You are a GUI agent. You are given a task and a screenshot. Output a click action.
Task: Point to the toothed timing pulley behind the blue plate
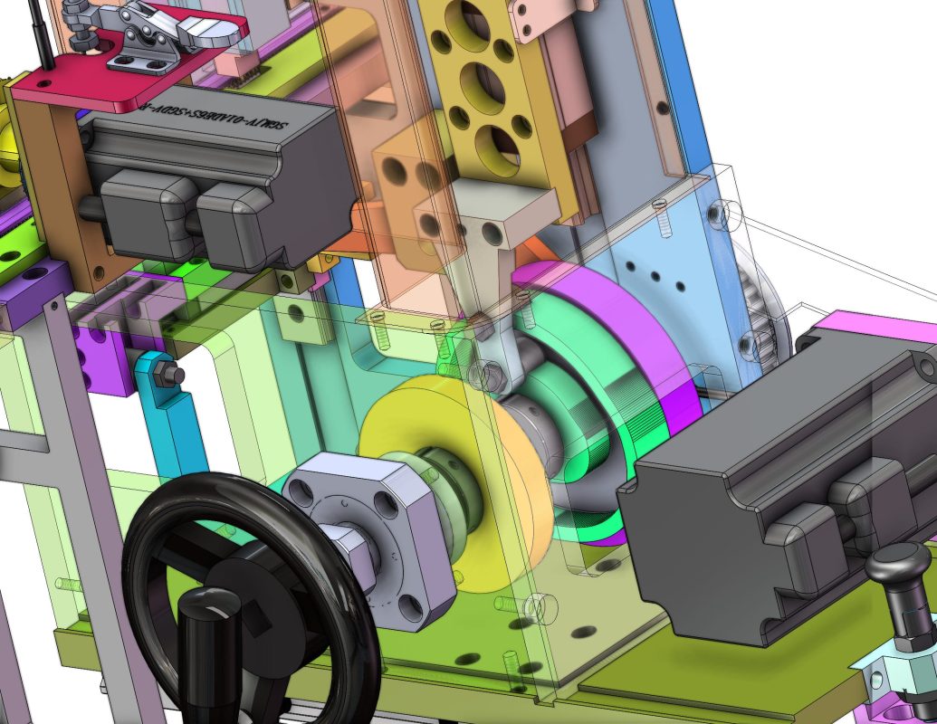(x=775, y=308)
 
